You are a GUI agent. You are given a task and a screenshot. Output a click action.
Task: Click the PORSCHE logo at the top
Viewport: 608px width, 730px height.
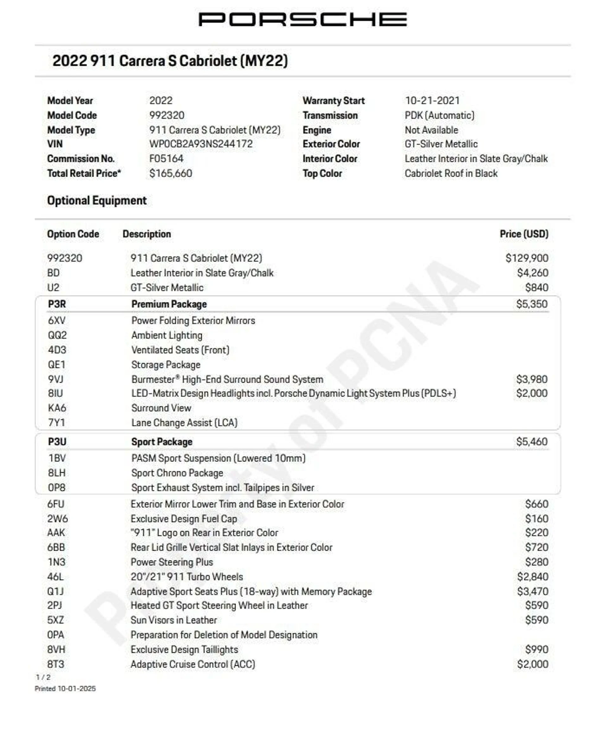(303, 19)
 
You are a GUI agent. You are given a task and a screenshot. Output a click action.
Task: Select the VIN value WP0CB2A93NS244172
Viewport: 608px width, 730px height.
(201, 144)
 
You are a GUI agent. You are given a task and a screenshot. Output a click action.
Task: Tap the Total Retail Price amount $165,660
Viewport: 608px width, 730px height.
(170, 173)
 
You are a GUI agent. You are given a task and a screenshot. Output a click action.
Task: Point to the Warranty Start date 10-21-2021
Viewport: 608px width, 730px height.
(432, 100)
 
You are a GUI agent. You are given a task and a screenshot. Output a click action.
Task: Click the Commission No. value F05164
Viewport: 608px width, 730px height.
(166, 159)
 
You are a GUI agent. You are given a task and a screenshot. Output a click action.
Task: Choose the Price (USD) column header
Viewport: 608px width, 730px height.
(524, 234)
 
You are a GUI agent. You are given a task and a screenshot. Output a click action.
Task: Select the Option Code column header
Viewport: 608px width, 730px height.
(73, 234)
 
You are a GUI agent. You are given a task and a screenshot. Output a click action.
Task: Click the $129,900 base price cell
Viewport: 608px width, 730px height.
(527, 258)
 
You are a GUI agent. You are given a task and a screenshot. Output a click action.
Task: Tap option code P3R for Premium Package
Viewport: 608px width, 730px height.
(57, 304)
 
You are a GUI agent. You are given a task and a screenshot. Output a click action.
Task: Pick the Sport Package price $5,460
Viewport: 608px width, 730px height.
(532, 442)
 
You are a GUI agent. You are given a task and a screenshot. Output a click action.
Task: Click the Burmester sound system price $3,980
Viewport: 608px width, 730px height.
(532, 379)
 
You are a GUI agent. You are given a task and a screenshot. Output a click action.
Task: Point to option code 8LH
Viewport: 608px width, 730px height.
(57, 473)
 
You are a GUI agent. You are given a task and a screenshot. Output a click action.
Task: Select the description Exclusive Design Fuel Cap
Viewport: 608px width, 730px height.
(184, 519)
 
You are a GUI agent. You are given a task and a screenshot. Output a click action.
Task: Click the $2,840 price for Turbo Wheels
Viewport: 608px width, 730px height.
(533, 577)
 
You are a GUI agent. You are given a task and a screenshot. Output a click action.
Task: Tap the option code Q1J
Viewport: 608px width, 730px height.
(56, 591)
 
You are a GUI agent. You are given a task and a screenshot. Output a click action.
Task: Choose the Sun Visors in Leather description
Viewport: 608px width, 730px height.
(174, 620)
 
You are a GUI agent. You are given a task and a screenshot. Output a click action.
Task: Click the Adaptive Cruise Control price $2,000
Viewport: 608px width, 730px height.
(533, 664)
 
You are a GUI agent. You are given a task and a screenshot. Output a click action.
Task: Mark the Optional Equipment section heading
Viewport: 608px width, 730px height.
(97, 201)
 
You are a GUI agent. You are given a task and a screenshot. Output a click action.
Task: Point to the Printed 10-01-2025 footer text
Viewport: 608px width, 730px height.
(65, 689)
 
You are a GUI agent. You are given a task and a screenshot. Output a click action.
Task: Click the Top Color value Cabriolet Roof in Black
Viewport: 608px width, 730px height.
(451, 173)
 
